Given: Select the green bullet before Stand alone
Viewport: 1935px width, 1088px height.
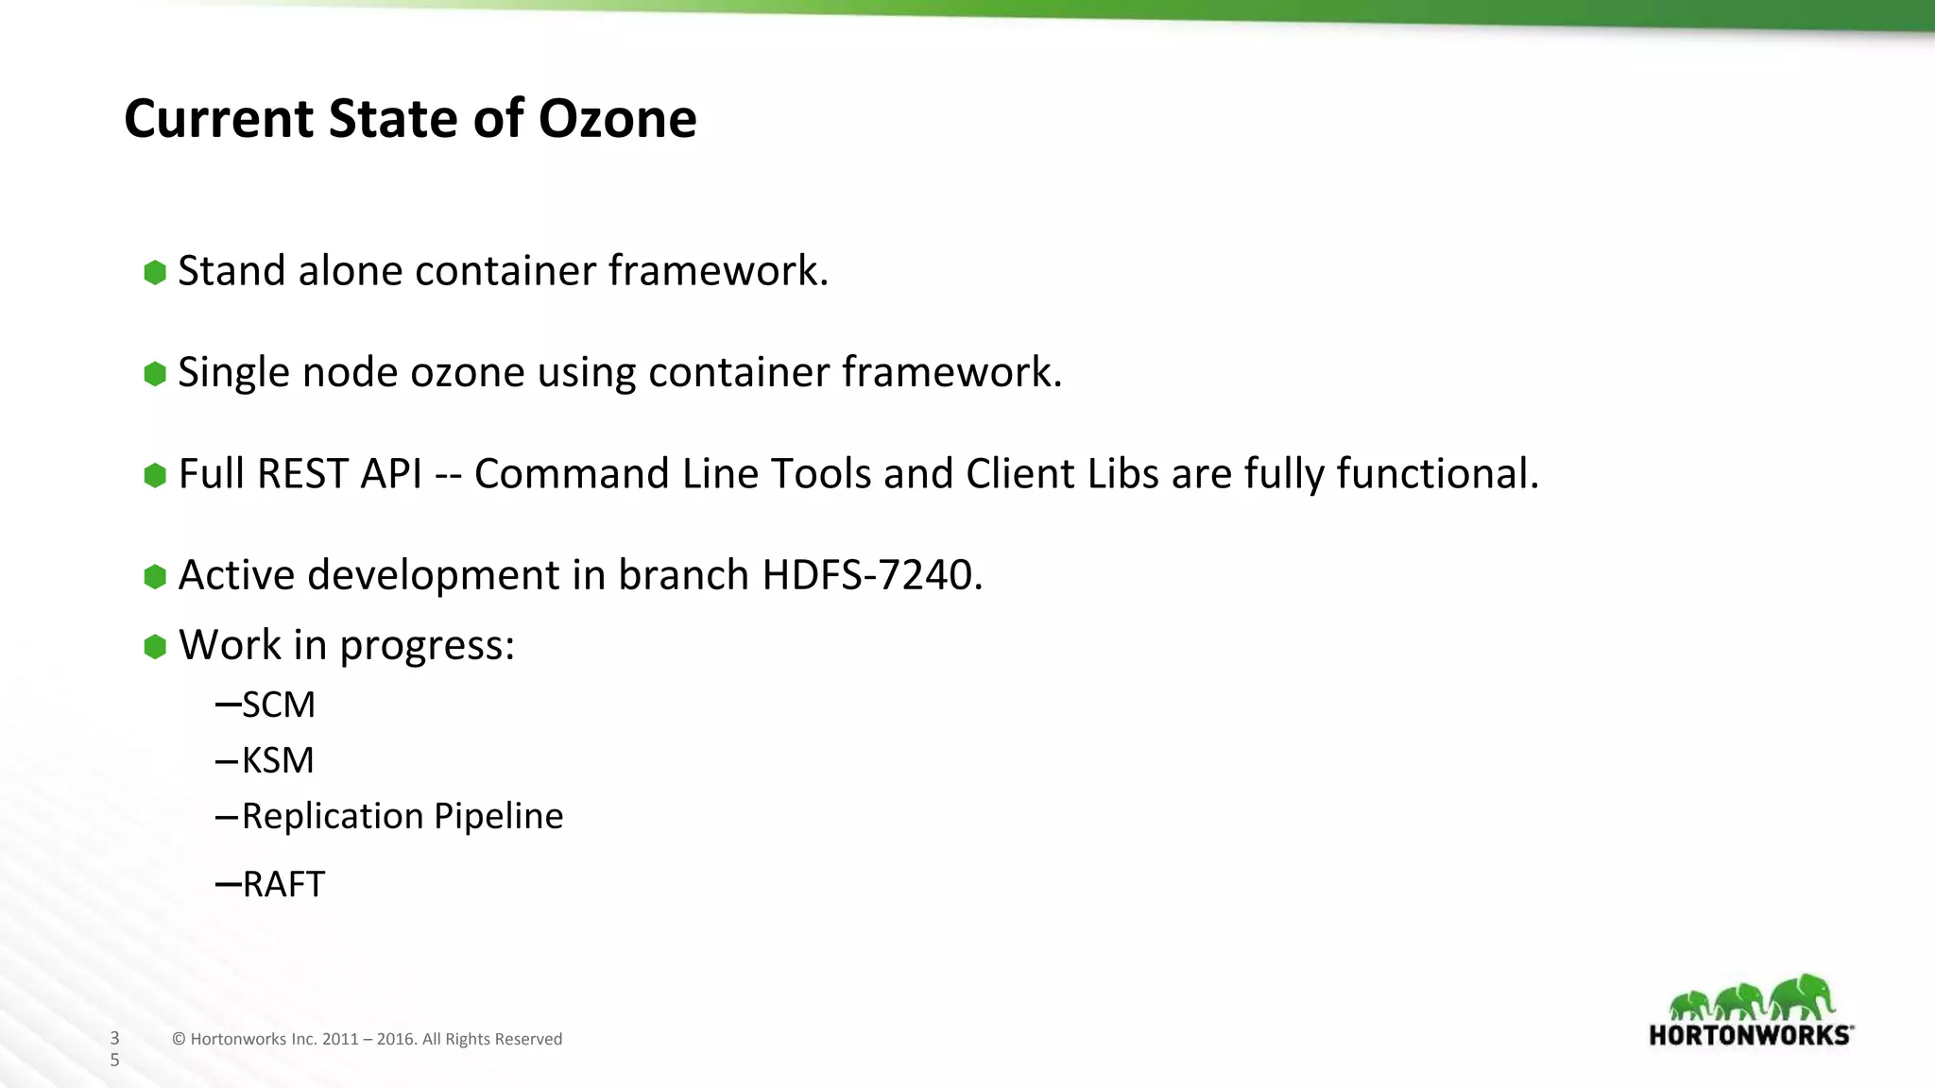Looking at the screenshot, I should (155, 273).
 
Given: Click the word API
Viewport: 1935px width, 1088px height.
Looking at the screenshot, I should (391, 473).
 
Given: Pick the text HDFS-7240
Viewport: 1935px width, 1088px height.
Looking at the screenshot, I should (872, 574).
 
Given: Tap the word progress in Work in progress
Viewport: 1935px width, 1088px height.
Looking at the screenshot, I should (426, 646).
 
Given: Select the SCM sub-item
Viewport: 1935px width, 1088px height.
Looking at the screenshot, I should (278, 705).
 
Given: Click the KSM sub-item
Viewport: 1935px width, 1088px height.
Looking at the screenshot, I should (277, 760).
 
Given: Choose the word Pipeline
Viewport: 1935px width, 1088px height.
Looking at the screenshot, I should (498, 816).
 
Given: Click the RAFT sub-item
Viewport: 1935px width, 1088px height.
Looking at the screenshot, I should (283, 885).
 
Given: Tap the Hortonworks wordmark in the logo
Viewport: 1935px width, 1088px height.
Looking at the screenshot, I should (1750, 1035).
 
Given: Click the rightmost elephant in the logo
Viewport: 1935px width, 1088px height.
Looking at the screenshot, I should (1803, 996).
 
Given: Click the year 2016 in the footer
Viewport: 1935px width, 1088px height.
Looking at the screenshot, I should (395, 1039).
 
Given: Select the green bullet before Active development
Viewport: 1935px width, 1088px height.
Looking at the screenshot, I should (155, 576).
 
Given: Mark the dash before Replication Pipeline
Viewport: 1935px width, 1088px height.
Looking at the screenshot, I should (226, 816).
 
